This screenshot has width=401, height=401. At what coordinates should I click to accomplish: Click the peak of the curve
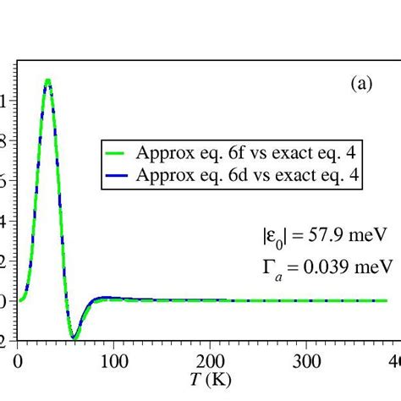[47, 81]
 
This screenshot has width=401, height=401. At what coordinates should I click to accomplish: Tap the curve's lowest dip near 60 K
[74, 338]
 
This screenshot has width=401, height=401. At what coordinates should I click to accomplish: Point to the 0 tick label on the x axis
[18, 361]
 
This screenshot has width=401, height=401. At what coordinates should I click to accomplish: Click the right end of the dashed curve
[326, 300]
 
